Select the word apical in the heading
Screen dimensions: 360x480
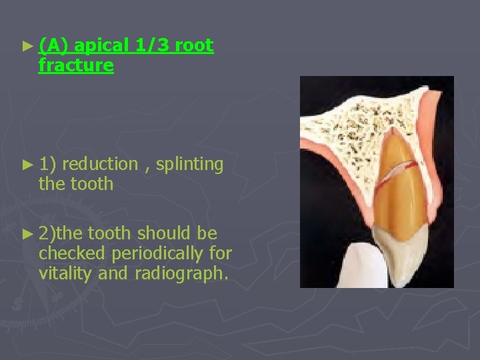point(102,46)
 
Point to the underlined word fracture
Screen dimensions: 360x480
point(76,65)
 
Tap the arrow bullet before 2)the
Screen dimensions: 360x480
point(26,234)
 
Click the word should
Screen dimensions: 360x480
point(165,233)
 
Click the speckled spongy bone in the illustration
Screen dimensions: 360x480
point(347,127)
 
